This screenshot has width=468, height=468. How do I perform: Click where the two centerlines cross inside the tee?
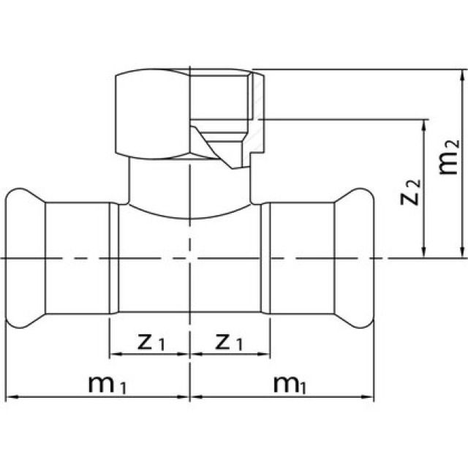(x=190, y=258)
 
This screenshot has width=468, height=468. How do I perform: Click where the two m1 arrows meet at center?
(x=190, y=398)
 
